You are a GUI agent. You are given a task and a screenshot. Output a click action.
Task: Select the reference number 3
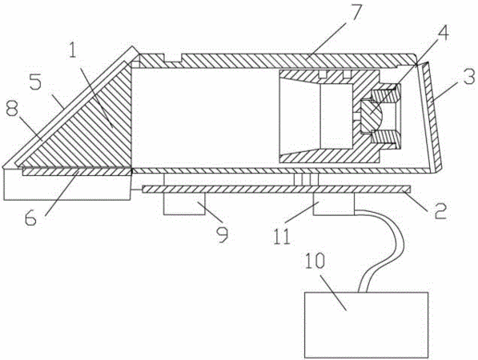pos(468,77)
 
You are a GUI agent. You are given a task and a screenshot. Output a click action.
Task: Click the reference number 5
pos(35,82)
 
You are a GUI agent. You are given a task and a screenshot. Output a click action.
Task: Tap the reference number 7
pos(354,12)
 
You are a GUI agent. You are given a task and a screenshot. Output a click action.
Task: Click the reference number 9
pos(222,235)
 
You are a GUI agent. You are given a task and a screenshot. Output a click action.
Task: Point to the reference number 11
pos(283,237)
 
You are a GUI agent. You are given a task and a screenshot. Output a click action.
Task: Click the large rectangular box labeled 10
pos(366,325)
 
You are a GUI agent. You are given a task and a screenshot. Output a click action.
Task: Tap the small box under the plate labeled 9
pos(184,204)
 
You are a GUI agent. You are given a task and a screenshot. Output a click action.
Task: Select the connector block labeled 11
pos(334,204)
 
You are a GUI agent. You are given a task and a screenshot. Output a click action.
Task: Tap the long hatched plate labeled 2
pos(276,190)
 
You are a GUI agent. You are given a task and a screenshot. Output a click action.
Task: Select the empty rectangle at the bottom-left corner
pos(66,185)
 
